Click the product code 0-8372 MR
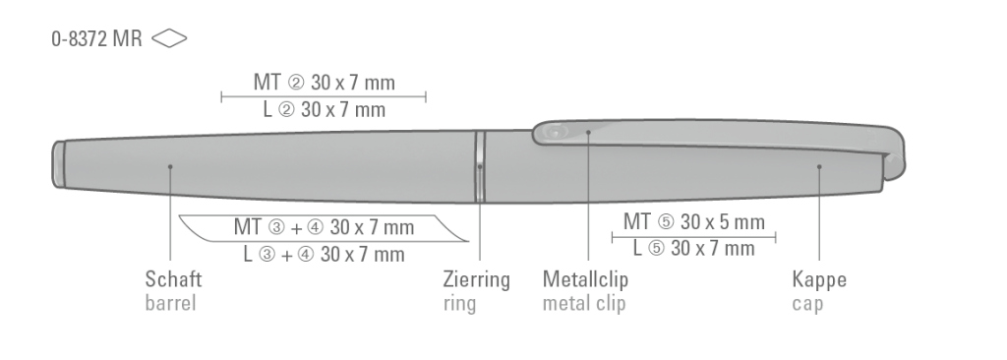(96, 38)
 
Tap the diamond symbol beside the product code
(169, 38)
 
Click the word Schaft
(173, 279)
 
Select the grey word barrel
(170, 303)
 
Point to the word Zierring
(477, 279)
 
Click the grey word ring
(460, 303)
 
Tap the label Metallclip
(586, 279)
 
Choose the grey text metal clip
(584, 303)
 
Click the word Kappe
(819, 279)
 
